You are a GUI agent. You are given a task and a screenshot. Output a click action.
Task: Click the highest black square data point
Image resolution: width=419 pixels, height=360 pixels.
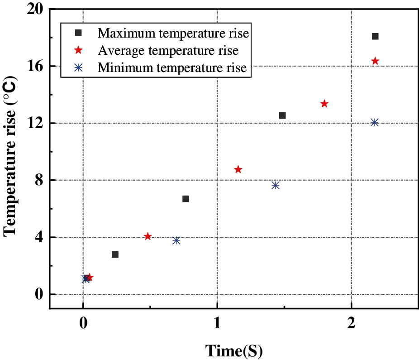click(375, 36)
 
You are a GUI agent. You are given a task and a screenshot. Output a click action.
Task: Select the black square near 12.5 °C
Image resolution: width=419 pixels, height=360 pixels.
click(282, 115)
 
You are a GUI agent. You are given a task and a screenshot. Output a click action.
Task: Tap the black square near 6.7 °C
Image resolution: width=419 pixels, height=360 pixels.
click(186, 199)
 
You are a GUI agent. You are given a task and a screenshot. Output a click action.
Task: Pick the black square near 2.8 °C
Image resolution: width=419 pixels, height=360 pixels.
click(115, 254)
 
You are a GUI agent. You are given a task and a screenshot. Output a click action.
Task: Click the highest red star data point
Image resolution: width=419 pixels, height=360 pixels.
click(375, 61)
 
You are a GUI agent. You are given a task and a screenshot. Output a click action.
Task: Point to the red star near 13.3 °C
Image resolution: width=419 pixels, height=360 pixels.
click(324, 104)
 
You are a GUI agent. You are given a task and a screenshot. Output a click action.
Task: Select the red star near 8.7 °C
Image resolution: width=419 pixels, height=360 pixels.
click(238, 169)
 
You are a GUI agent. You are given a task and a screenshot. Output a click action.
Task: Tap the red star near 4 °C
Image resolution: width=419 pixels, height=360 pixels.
click(148, 236)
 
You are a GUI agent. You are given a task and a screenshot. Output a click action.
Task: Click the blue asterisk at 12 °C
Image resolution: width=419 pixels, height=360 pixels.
click(374, 122)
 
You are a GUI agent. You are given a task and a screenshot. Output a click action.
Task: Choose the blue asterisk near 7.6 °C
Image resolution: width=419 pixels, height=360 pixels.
click(275, 185)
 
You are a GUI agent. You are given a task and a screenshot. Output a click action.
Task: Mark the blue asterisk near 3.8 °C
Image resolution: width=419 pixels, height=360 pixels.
click(176, 240)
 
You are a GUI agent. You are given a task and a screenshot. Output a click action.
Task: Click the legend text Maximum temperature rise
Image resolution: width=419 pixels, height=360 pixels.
click(174, 33)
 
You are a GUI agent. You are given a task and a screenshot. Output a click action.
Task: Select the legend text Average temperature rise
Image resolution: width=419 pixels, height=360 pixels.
click(168, 50)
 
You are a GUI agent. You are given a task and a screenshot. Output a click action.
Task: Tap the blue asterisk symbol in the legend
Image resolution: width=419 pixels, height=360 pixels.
click(78, 67)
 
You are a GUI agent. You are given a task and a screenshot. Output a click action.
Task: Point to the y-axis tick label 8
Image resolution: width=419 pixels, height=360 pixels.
click(40, 180)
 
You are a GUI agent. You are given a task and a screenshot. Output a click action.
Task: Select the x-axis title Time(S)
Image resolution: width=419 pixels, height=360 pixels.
click(234, 350)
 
